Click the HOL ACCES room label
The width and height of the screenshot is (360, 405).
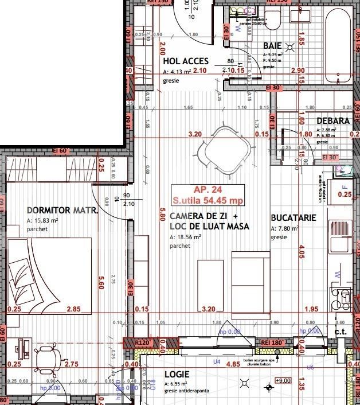(185, 61)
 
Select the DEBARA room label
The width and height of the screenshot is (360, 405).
(332, 121)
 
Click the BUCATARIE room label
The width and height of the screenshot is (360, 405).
(292, 219)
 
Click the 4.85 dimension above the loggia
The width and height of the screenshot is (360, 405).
(233, 364)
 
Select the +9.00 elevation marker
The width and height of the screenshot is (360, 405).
(284, 380)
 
